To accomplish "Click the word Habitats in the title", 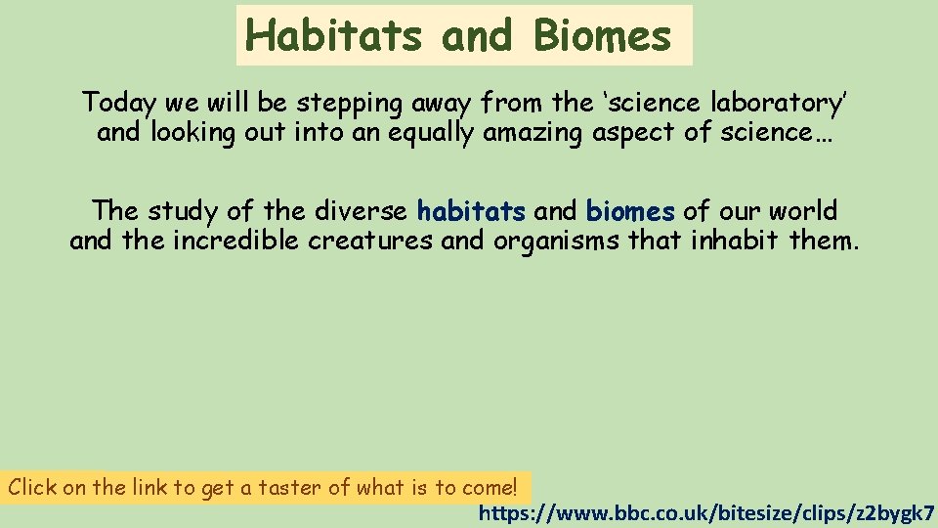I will pyautogui.click(x=333, y=36).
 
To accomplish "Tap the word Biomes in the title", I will pyautogui.click(x=603, y=36).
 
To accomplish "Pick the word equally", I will pyautogui.click(x=431, y=133).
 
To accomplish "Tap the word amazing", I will pyautogui.click(x=533, y=133).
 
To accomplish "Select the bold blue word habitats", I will pyautogui.click(x=471, y=210).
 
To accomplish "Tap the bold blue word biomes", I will pyautogui.click(x=630, y=210).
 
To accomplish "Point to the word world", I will pyautogui.click(x=803, y=210).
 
